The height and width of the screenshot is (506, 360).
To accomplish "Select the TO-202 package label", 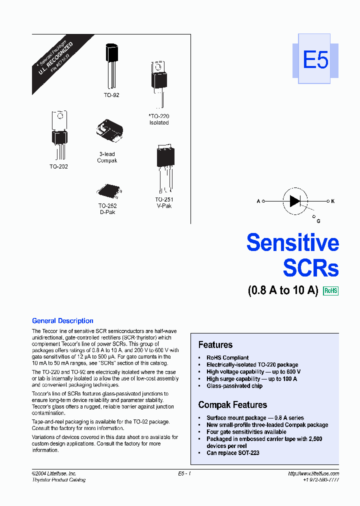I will click(58, 166).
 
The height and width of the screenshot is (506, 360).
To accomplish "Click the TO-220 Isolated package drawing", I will click(159, 80).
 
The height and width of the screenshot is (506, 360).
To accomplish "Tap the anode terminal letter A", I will click(258, 201).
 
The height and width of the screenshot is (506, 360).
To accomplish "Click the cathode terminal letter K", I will click(333, 201).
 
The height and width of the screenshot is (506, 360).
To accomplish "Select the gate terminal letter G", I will click(318, 220).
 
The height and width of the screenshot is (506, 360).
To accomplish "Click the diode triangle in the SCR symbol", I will click(294, 201).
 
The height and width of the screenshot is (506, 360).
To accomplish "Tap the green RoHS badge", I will click(331, 290).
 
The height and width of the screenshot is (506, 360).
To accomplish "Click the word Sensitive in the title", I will click(292, 243).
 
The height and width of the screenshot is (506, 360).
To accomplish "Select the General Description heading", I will click(62, 321).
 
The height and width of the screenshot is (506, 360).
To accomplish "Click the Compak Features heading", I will click(232, 404).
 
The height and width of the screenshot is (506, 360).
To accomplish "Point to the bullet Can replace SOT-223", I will click(232, 452).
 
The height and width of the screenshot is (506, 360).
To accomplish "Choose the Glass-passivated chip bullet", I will click(234, 385).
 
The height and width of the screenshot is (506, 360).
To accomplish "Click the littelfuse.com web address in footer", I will click(313, 473).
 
